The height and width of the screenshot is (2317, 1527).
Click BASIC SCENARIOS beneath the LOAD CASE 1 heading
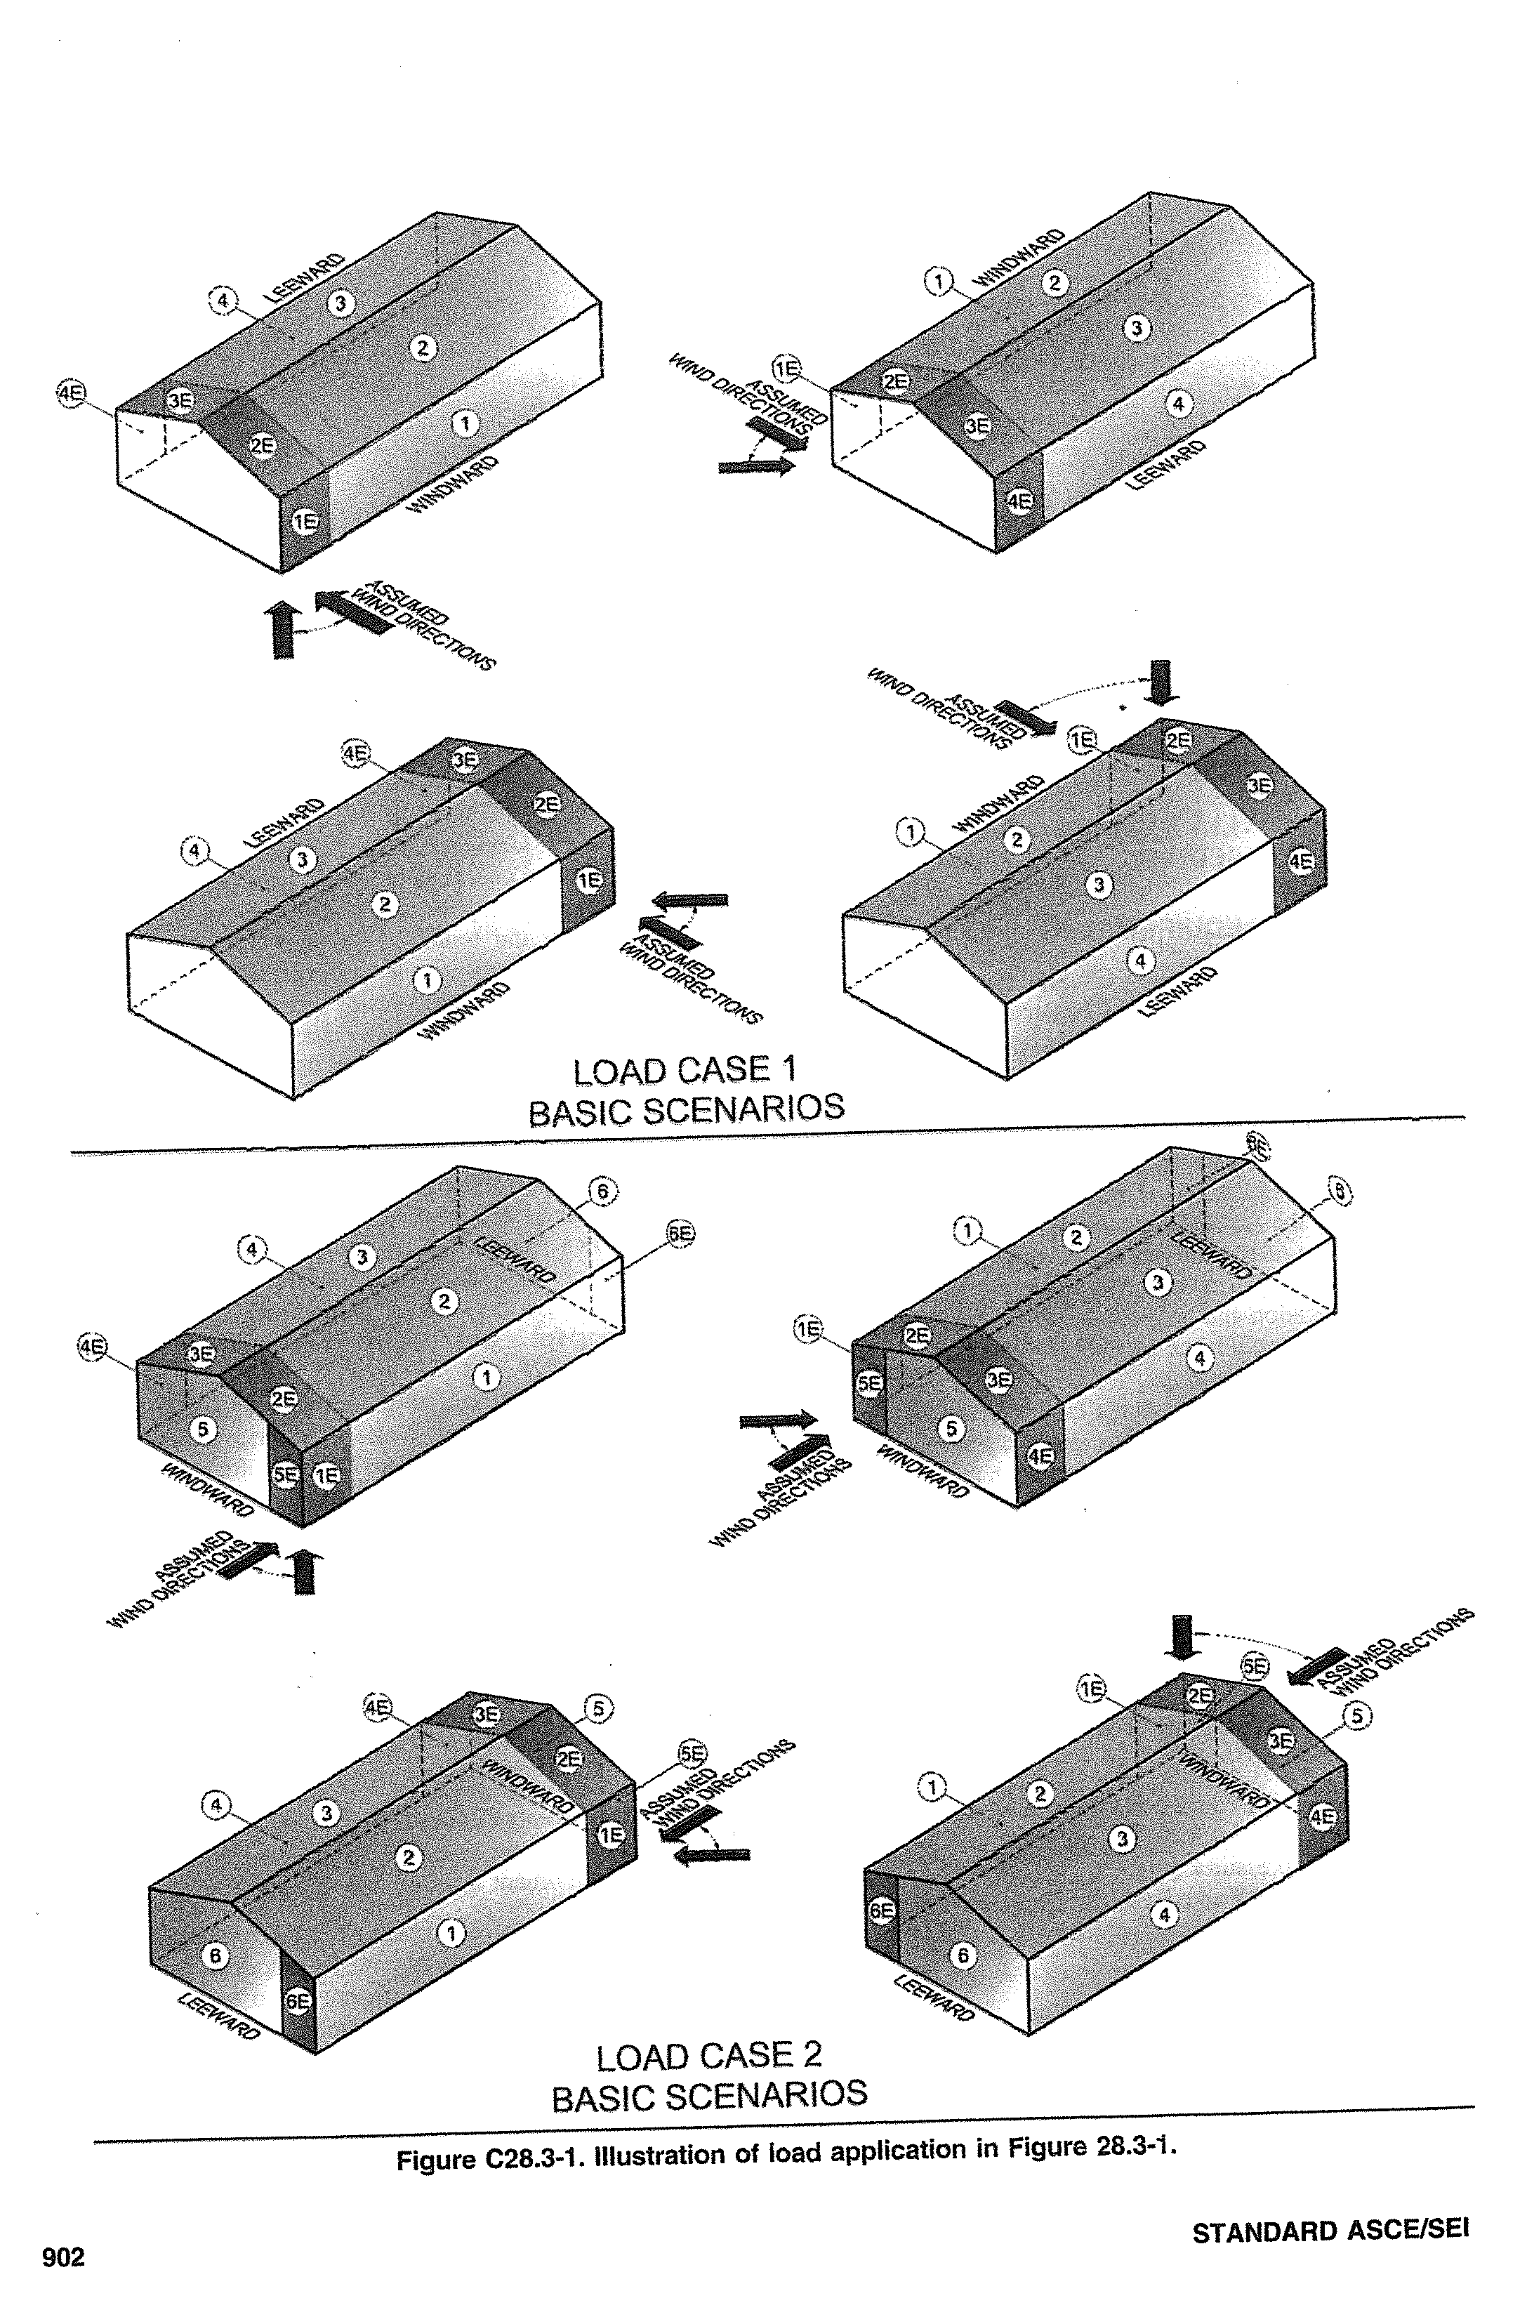(686, 1110)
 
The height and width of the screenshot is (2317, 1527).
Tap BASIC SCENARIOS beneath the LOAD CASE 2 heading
(709, 2096)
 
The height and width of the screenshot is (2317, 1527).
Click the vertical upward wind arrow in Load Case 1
(282, 629)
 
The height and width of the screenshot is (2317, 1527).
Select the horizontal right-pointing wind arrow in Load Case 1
(755, 468)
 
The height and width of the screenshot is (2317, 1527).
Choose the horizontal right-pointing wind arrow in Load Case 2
(777, 1421)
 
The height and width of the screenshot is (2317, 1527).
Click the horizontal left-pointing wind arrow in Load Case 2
(713, 1855)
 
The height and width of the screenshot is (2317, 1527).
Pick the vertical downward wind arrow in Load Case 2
(1182, 1637)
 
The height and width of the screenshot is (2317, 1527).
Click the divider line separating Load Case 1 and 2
(767, 1135)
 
